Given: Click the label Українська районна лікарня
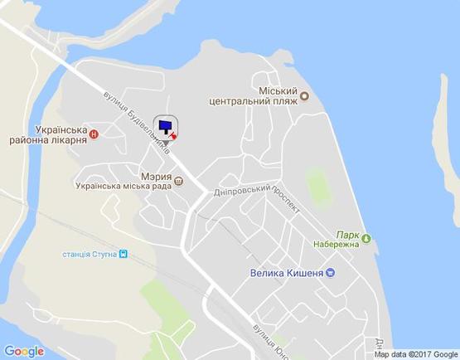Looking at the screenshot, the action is click(x=49, y=135).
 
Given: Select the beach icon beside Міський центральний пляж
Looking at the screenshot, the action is click(x=304, y=95).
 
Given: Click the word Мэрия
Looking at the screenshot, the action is click(x=155, y=177).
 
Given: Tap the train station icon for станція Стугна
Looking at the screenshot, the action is click(x=123, y=254).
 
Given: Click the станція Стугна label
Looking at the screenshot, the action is click(x=89, y=254).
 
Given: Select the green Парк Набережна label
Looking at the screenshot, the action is click(x=336, y=240).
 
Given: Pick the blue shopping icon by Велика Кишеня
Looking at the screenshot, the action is click(x=330, y=273).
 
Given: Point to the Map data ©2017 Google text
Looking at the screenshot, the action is click(x=414, y=354).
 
